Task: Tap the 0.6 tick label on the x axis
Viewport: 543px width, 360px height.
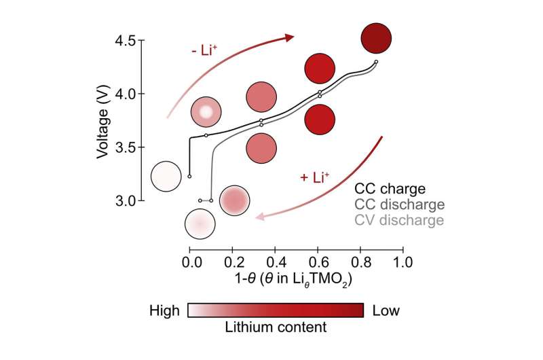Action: (x=318, y=261)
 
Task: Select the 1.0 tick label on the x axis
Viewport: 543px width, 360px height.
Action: (x=403, y=261)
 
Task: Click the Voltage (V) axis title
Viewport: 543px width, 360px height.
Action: (x=102, y=120)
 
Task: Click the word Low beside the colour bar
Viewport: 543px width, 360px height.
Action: (x=386, y=311)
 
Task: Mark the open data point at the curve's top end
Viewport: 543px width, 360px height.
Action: (x=376, y=62)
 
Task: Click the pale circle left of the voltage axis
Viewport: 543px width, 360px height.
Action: (x=166, y=177)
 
